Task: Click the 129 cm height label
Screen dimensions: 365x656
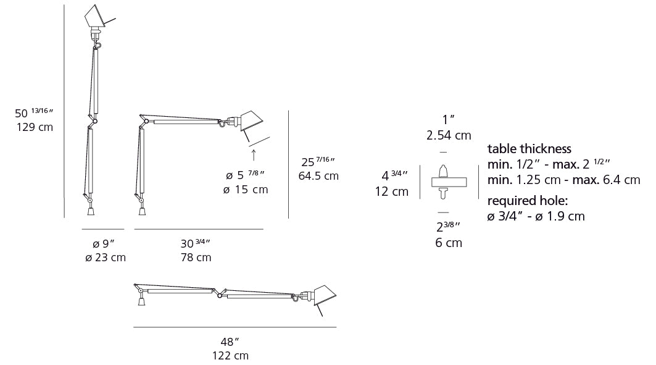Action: [34, 128]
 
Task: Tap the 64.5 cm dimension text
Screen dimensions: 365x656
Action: [318, 176]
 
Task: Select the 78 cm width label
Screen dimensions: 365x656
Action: [194, 257]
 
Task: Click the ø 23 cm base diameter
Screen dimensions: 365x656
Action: [106, 257]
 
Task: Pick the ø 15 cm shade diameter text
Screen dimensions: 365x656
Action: [246, 190]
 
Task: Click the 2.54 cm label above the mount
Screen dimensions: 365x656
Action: [449, 135]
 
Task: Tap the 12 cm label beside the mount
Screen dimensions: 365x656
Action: [391, 191]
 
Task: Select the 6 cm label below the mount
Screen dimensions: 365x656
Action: [448, 243]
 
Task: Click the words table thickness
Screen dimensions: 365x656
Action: [529, 149]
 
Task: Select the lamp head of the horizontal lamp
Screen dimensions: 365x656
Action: [322, 296]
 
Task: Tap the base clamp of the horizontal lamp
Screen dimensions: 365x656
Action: [141, 301]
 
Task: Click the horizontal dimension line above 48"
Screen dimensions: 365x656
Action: [235, 327]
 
